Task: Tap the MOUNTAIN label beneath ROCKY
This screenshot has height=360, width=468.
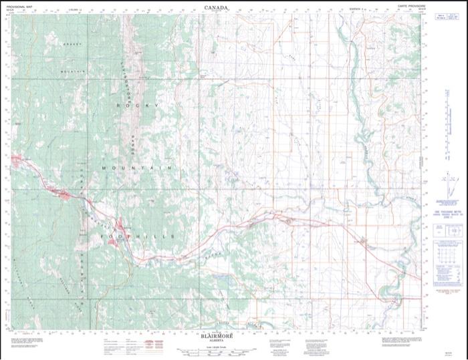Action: pyautogui.click(x=137, y=167)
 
